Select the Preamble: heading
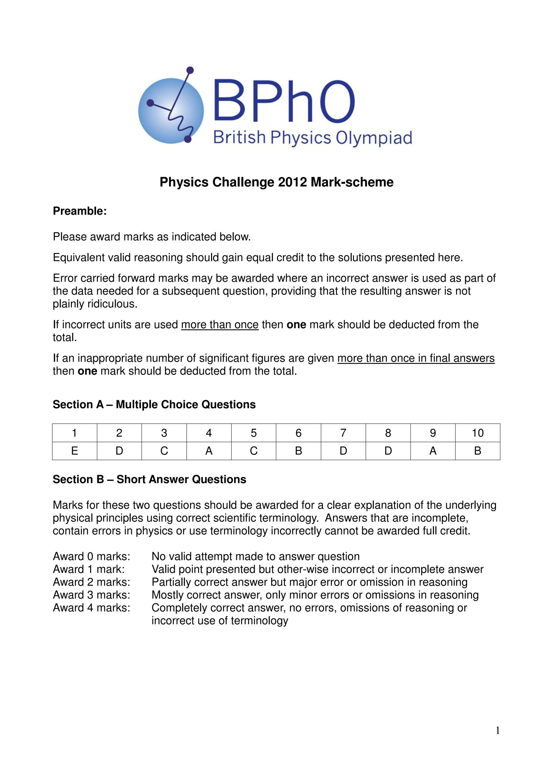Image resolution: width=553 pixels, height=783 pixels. coord(80,211)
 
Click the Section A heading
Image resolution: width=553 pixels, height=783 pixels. coord(154,404)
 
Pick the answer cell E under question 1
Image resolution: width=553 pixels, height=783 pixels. coord(75,451)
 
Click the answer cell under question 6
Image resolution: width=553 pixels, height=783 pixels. coord(298,451)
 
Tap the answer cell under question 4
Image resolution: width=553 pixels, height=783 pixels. coord(209,451)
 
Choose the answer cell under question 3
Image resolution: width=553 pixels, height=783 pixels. coord(164,451)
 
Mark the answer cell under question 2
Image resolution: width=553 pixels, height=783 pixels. coord(119,451)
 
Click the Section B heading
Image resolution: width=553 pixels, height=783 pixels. coord(149,479)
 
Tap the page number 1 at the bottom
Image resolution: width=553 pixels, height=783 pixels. coord(497,730)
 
